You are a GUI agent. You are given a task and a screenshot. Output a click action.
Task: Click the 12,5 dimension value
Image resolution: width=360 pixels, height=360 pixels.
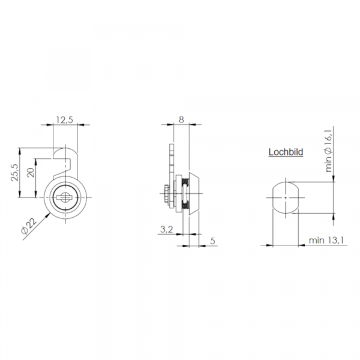tap(65, 119)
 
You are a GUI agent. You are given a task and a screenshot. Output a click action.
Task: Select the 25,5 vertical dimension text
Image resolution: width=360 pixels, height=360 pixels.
tap(14, 172)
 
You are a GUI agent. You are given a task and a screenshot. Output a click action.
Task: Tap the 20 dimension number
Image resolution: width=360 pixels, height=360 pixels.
tap(31, 172)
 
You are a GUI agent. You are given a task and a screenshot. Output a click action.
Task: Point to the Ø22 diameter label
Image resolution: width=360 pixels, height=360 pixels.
tap(29, 226)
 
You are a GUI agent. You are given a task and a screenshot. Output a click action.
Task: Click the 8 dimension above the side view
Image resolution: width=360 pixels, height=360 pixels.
tap(181, 119)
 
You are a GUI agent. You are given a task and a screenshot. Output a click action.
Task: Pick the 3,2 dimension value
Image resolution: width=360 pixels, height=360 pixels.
tap(166, 229)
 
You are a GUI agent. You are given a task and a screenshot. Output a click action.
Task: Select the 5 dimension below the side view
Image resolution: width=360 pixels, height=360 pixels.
tap(213, 241)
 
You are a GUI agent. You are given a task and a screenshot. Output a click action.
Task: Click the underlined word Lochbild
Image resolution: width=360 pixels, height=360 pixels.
tap(286, 152)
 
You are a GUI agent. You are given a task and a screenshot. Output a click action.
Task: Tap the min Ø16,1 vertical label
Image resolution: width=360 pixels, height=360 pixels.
tap(329, 150)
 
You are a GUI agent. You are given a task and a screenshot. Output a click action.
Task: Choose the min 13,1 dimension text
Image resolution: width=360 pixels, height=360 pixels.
tap(326, 241)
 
